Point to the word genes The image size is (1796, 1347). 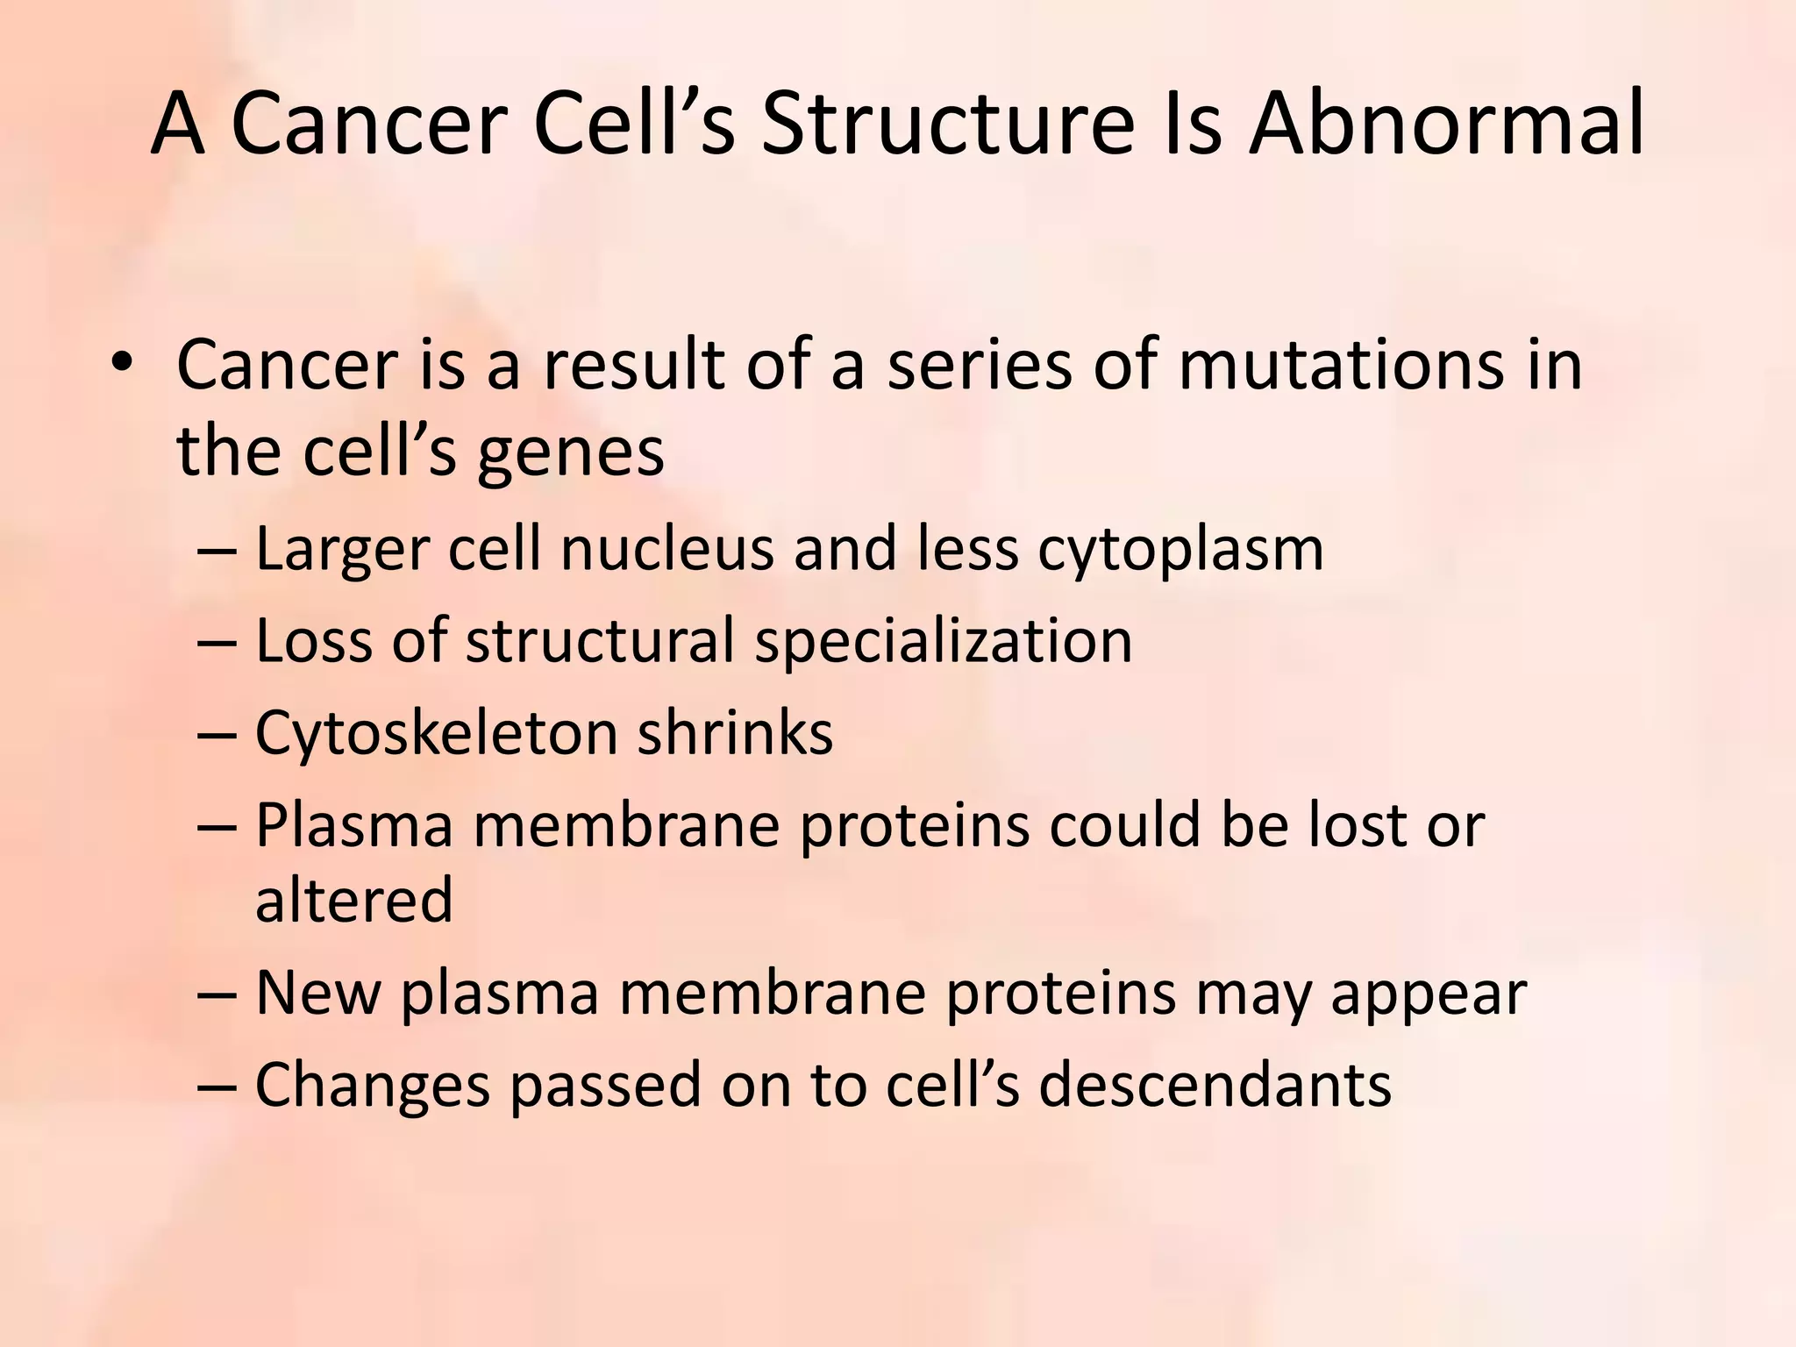[570, 454]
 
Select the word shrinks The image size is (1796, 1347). [735, 733]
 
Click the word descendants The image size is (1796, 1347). [1215, 1085]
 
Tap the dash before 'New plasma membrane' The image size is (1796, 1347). [217, 994]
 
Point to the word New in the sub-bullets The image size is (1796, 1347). [318, 993]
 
